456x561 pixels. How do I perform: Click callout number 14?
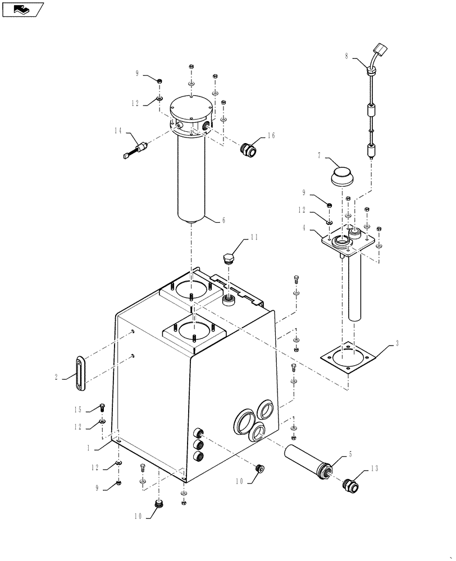click(118, 130)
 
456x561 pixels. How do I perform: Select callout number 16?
click(271, 135)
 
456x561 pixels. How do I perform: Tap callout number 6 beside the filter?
click(224, 220)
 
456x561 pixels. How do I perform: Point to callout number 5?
click(351, 455)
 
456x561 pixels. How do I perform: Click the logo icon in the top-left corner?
click(22, 9)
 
